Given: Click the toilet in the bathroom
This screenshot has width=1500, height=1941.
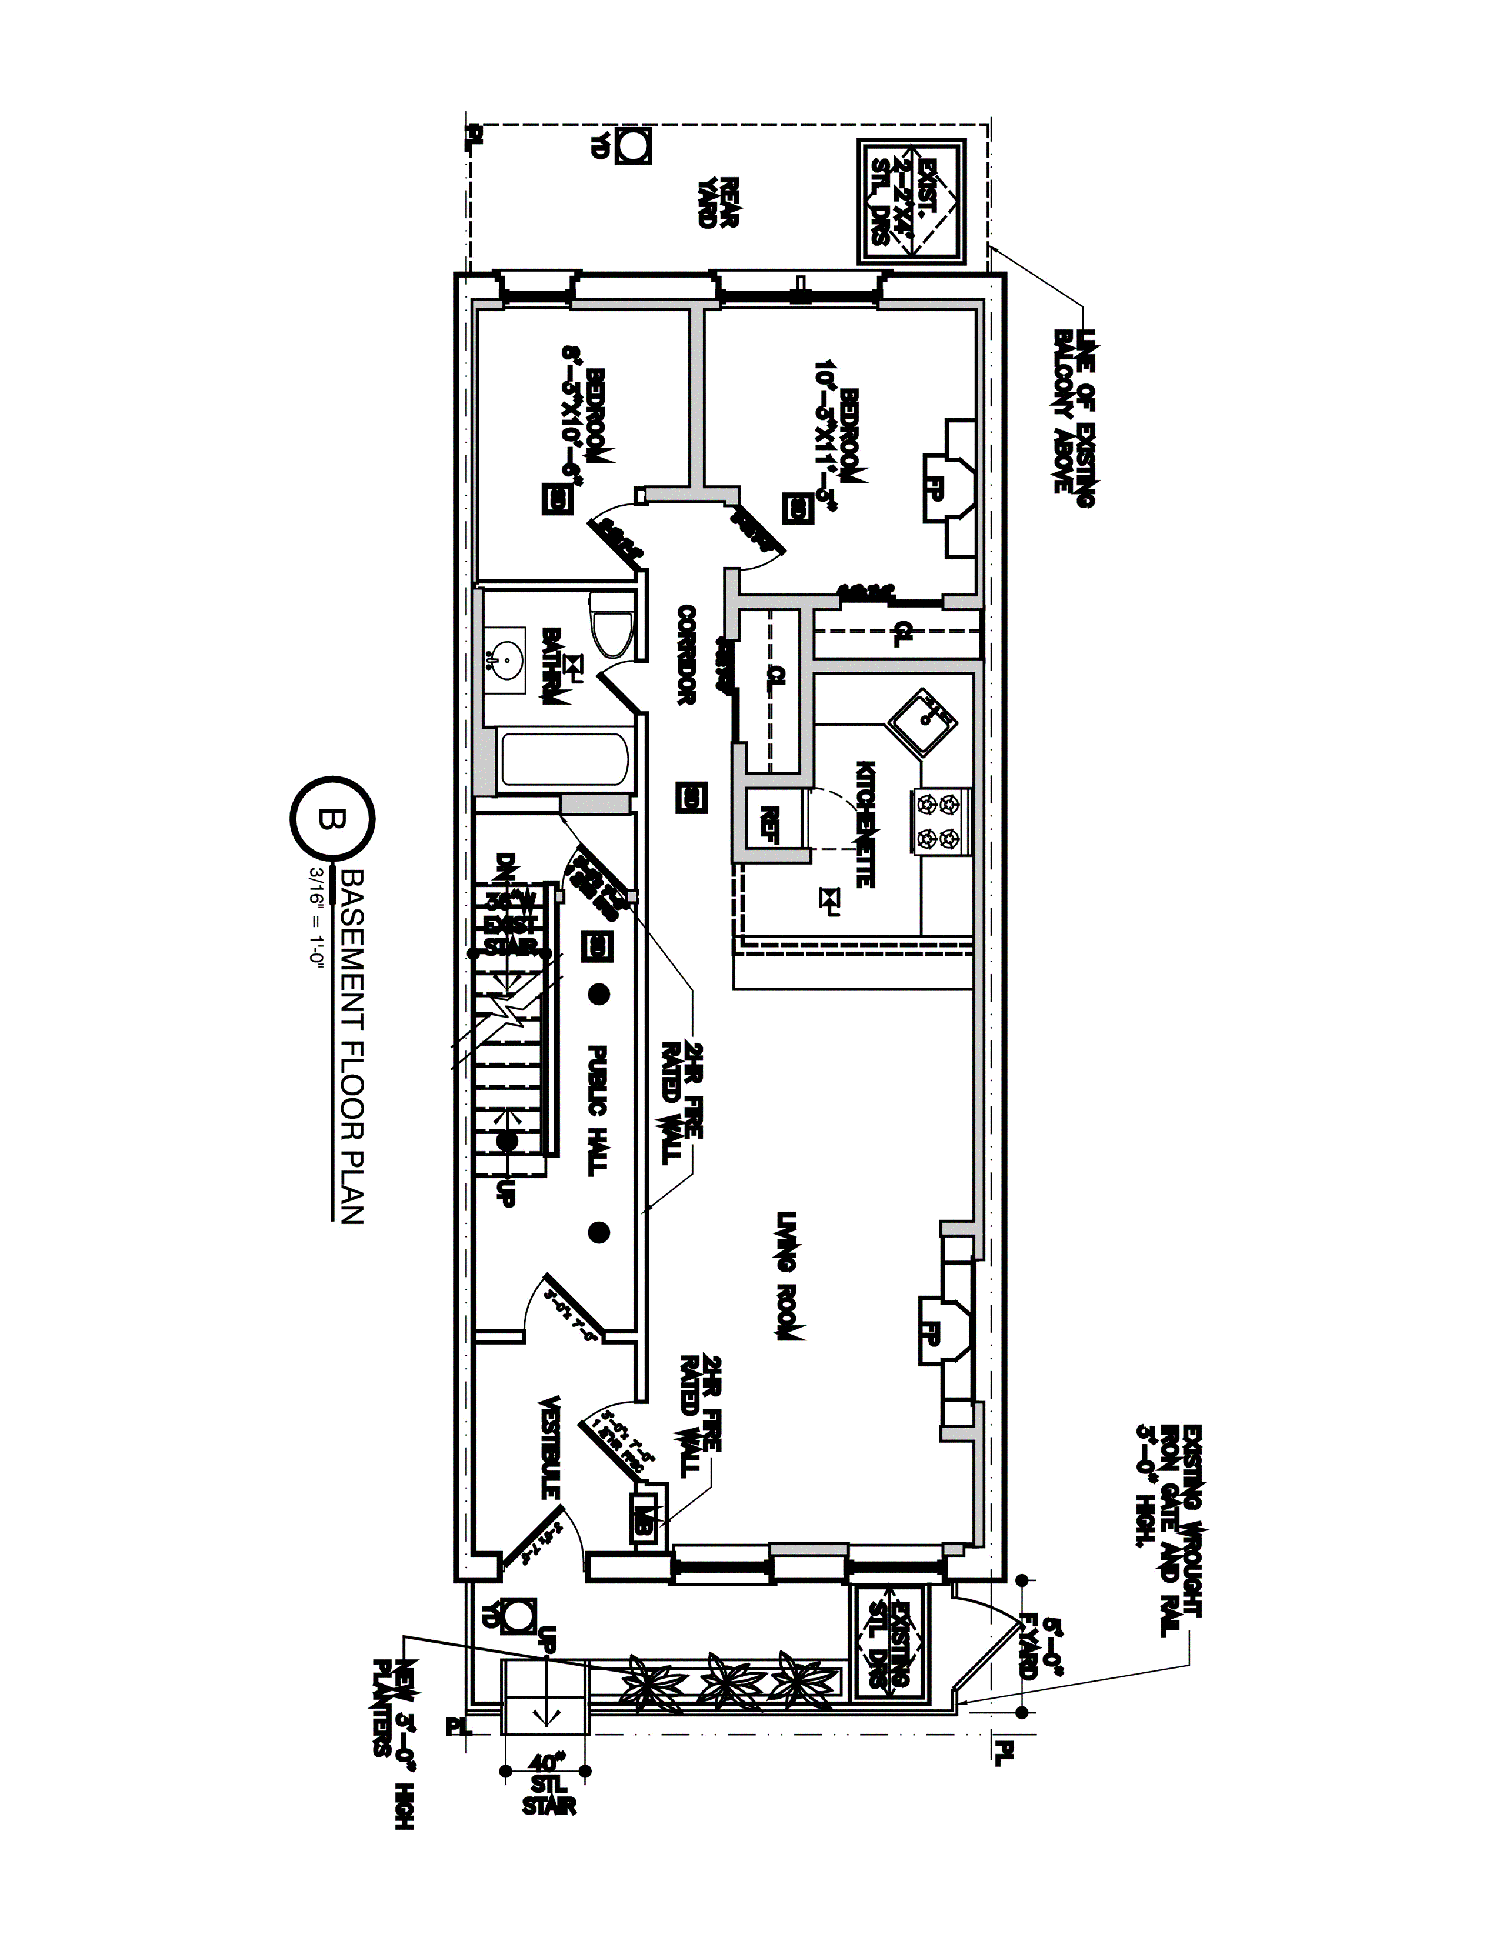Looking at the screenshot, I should point(611,626).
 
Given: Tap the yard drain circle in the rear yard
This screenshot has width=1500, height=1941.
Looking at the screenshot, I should point(632,146).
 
